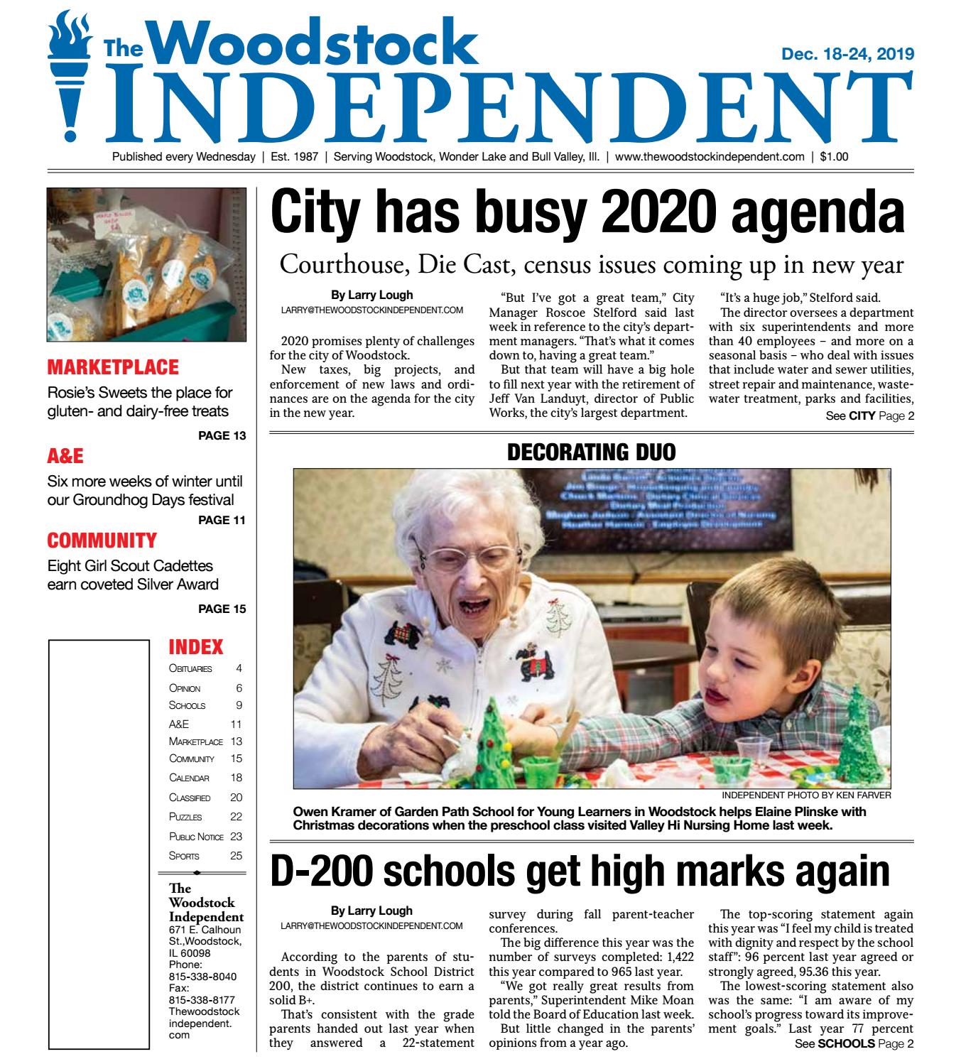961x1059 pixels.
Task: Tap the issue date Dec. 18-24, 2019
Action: click(x=847, y=54)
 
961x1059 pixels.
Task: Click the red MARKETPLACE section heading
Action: click(x=113, y=368)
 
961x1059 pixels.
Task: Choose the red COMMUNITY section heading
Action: click(x=102, y=541)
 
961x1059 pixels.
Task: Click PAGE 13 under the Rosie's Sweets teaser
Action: click(x=222, y=435)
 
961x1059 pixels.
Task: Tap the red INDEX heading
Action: click(x=195, y=647)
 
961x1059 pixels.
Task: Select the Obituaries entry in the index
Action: click(x=190, y=668)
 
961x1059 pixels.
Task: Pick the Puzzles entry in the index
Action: click(x=185, y=817)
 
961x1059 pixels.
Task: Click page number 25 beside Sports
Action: click(x=236, y=856)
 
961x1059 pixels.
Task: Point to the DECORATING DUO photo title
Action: click(x=591, y=452)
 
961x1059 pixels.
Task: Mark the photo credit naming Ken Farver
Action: click(x=805, y=795)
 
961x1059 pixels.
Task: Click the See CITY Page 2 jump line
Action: click(x=869, y=416)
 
